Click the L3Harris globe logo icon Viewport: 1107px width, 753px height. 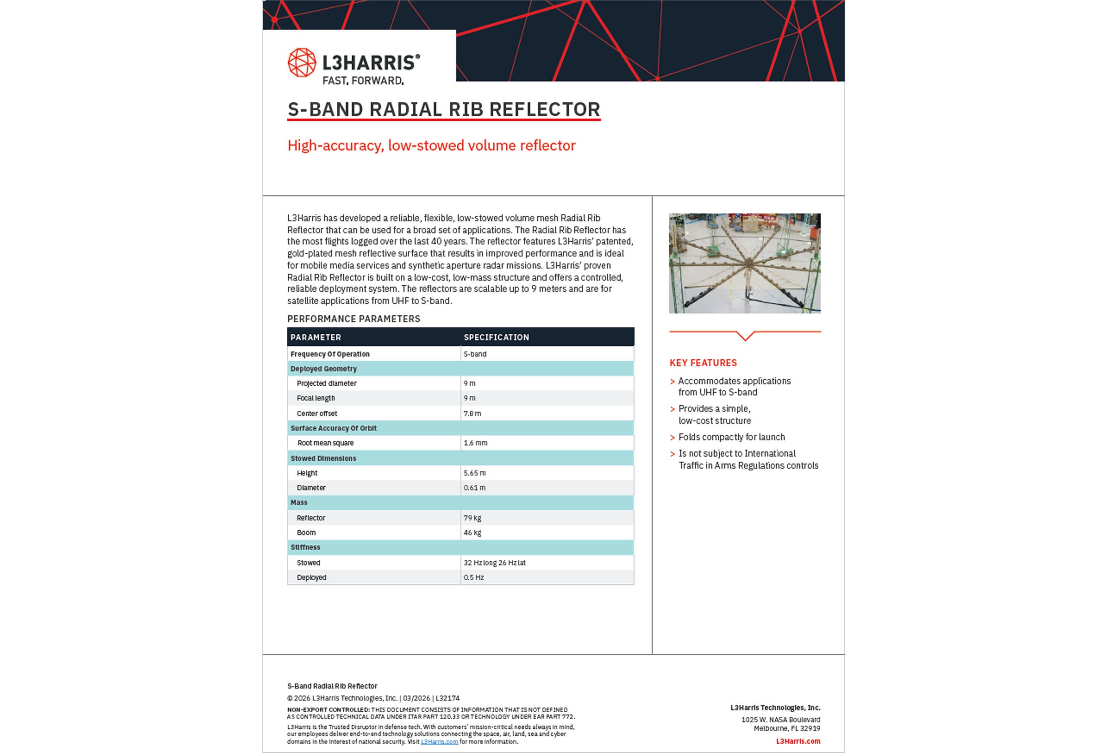point(302,62)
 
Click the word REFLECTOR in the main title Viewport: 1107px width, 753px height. point(545,109)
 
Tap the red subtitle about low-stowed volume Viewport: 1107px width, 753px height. point(431,145)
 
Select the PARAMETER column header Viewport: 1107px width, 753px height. point(315,338)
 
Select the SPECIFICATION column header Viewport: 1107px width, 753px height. point(496,338)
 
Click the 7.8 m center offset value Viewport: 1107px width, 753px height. point(472,414)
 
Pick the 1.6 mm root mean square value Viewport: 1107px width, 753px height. point(475,443)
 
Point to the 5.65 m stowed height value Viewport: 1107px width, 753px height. point(474,473)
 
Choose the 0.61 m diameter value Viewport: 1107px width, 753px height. point(474,488)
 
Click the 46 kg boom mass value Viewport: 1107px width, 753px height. point(472,533)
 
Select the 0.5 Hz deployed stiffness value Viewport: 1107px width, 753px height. point(473,578)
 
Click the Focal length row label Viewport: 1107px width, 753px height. point(315,398)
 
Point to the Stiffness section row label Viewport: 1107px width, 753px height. point(306,547)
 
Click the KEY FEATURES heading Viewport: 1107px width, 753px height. point(703,363)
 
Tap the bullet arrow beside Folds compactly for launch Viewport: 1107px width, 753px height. point(672,438)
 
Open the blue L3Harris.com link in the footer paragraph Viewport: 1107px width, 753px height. point(439,742)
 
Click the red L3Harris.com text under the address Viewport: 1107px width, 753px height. point(798,741)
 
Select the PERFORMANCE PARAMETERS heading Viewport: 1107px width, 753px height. point(353,319)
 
